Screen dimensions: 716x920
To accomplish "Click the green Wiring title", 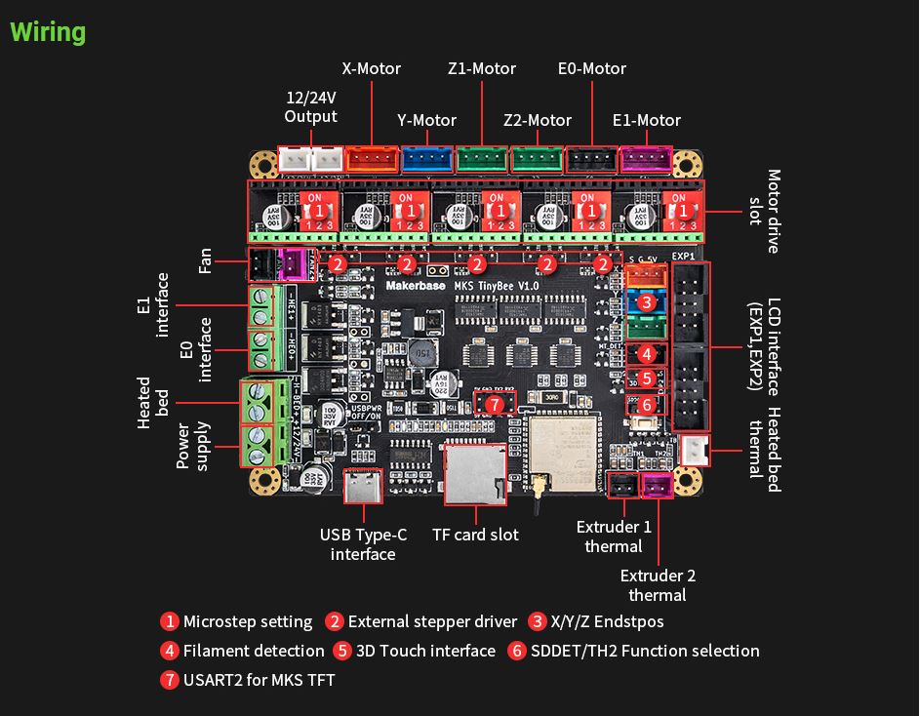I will (48, 32).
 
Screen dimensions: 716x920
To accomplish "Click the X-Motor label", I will (371, 68).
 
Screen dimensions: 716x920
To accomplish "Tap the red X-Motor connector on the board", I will (373, 159).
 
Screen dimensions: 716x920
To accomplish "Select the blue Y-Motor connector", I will (427, 159).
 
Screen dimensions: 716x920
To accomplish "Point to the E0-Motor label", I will (591, 68).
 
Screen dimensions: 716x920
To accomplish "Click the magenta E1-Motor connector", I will (647, 159).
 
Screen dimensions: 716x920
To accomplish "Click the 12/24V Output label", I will (310, 107).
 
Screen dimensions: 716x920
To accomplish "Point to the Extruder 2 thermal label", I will (658, 585).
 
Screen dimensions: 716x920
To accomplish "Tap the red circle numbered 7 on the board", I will (495, 403).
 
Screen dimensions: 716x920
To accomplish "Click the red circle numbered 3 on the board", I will (646, 302).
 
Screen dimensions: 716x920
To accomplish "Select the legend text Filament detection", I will (254, 651).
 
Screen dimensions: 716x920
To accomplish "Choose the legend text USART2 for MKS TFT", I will (259, 679).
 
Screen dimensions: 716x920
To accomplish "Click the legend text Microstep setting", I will (248, 621).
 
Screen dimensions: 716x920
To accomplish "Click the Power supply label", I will (193, 445).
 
